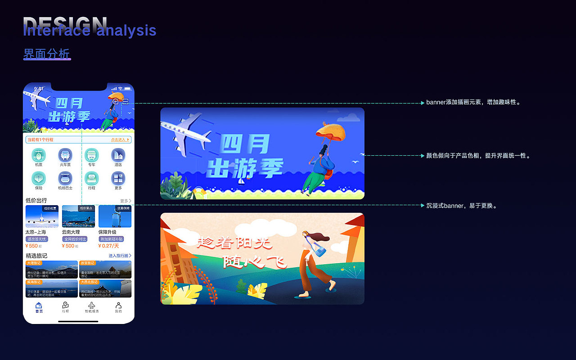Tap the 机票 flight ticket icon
pos(39,155)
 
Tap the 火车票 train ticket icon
pos(65,155)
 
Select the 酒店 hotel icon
pos(118,155)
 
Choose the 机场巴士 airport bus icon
pos(65,178)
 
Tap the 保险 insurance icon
pos(39,178)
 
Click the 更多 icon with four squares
pos(118,178)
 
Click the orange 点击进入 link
pos(120,140)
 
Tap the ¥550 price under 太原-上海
pos(32,246)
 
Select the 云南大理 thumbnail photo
pos(78,216)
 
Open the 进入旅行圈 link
pos(120,256)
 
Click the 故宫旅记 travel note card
pos(105,269)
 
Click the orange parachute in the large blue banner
pos(331,131)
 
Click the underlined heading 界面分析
pos(47,54)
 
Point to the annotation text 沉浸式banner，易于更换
pos(461,206)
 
